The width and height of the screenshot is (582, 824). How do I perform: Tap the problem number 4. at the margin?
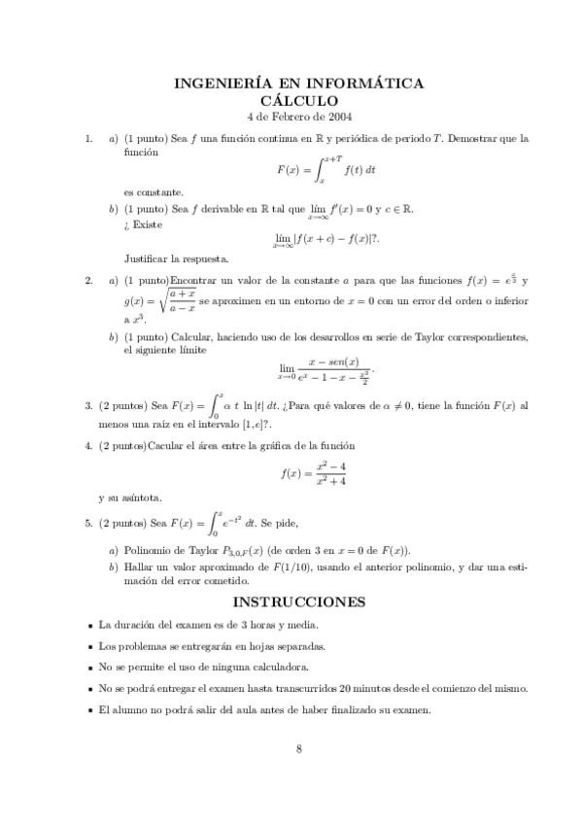pyautogui.click(x=89, y=445)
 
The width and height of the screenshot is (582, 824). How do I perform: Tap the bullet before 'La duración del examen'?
pyautogui.click(x=89, y=624)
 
